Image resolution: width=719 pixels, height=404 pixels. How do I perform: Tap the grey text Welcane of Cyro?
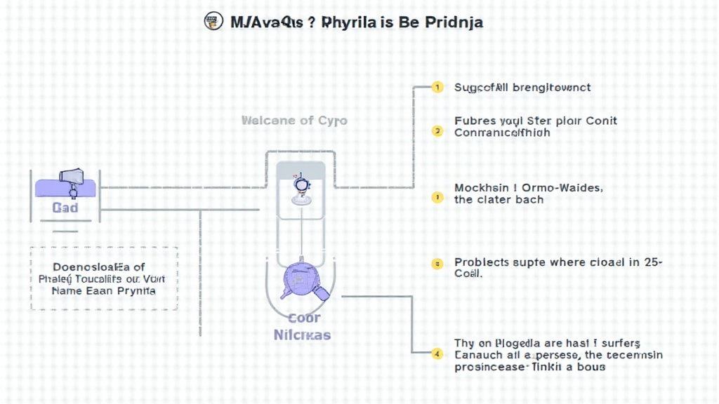(x=294, y=121)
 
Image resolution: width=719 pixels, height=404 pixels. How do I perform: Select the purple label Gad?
(x=65, y=208)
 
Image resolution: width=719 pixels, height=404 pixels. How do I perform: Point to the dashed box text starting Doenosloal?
(x=104, y=278)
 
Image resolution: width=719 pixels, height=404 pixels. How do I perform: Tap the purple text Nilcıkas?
(x=302, y=335)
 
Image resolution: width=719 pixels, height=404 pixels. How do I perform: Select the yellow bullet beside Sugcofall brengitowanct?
(x=437, y=88)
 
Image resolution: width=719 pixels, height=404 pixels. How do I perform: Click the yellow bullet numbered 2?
(x=437, y=130)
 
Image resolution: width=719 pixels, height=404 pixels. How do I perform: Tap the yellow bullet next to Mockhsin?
(x=437, y=197)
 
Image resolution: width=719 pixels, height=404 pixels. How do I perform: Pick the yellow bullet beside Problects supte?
(x=437, y=264)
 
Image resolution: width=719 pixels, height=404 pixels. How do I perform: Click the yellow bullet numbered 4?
(x=437, y=354)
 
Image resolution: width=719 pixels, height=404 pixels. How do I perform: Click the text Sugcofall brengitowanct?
(x=522, y=88)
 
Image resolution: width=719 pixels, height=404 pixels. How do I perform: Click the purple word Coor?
(x=305, y=317)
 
